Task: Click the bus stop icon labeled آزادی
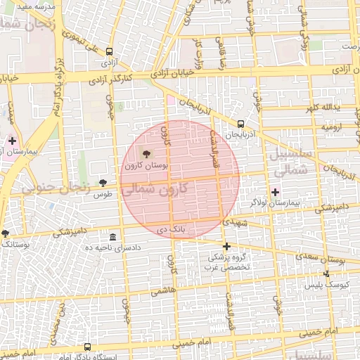[x=109, y=51]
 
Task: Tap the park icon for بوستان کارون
[x=147, y=153]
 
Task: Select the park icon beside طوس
[x=103, y=183]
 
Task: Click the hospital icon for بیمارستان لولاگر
[x=275, y=191]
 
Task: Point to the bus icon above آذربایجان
[x=241, y=124]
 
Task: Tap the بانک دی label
[x=171, y=229]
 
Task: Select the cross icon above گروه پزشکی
[x=226, y=247]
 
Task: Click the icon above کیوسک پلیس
[x=326, y=274]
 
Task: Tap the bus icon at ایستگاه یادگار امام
[x=87, y=347]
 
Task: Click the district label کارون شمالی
[x=155, y=190]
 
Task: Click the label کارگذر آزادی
[x=112, y=80]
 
